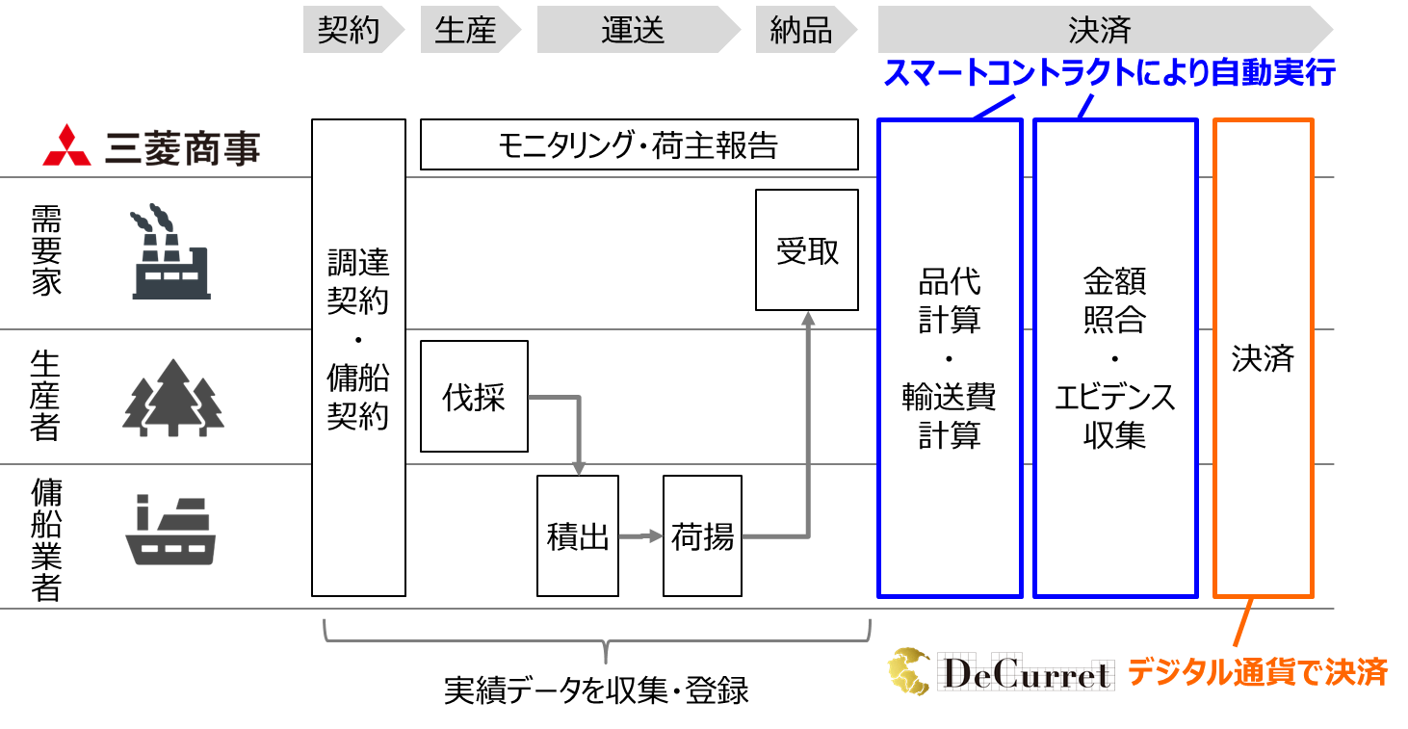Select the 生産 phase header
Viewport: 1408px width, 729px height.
(465, 30)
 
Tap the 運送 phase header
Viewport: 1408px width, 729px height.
(633, 30)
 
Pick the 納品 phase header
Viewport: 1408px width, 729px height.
(800, 30)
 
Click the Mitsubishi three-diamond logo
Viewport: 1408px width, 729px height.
(66, 146)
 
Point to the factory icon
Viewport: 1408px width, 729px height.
(170, 251)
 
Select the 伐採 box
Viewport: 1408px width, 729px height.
(474, 396)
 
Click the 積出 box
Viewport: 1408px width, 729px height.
(578, 535)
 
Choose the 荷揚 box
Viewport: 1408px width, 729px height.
(703, 535)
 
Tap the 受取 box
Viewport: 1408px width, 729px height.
(807, 250)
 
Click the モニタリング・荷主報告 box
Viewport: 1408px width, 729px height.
(639, 145)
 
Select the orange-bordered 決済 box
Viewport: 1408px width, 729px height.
(1263, 358)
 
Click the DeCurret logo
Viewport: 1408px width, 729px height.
(1001, 671)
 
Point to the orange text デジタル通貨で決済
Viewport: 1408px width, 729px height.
(1257, 671)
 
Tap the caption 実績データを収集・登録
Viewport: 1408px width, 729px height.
(596, 690)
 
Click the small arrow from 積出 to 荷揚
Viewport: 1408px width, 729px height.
(639, 535)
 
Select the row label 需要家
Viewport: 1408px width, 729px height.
(46, 251)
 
